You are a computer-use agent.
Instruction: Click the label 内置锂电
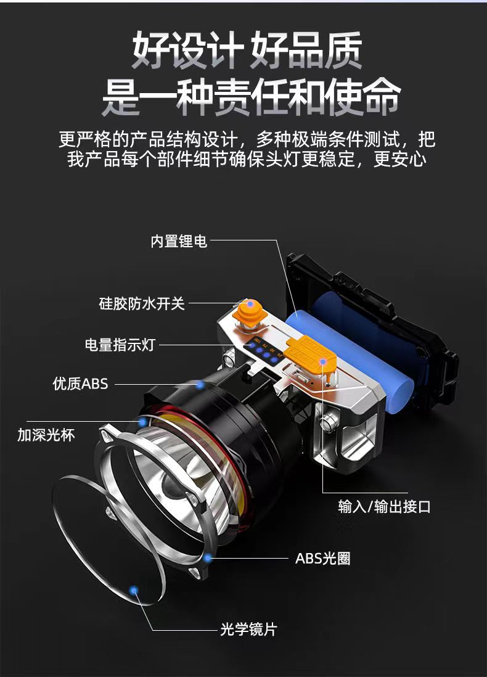[179, 241]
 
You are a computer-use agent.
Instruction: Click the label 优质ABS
[80, 384]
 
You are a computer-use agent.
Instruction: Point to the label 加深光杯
[46, 435]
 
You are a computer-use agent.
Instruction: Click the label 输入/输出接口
[384, 507]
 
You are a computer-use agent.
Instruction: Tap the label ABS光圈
[322, 559]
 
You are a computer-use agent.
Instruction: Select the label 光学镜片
[248, 629]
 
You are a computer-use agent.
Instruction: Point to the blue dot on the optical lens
[134, 590]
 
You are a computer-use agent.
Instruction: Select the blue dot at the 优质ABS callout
[200, 384]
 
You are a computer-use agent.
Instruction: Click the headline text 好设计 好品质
[247, 51]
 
